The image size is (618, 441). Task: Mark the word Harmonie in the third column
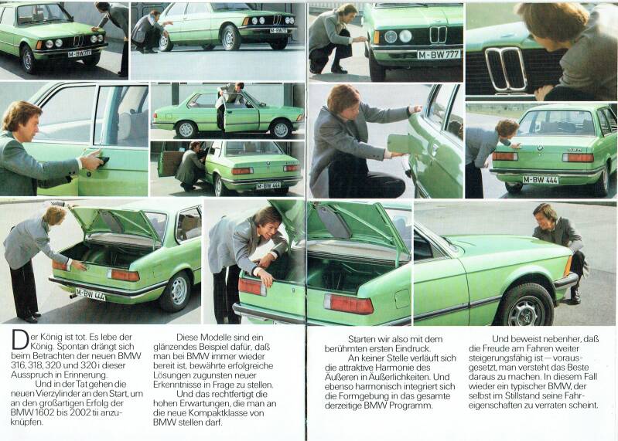[403, 368]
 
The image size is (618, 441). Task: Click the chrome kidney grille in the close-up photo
[505, 69]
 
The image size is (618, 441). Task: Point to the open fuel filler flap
[399, 143]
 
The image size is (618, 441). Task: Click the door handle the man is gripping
[102, 160]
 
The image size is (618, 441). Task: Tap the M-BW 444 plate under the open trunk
[90, 294]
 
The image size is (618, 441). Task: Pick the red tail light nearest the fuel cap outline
[349, 304]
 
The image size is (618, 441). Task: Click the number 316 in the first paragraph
[18, 366]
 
